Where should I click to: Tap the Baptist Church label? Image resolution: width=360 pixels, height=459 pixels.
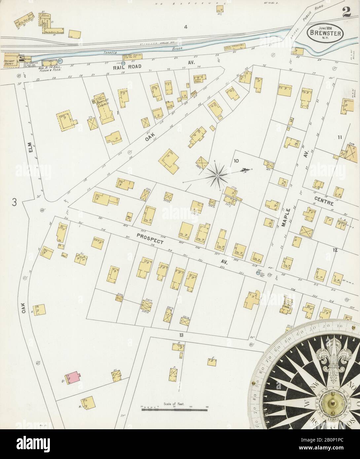point(103,102)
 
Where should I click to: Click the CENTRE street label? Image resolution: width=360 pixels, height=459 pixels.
point(326,204)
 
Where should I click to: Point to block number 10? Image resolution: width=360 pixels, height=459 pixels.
point(236,161)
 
